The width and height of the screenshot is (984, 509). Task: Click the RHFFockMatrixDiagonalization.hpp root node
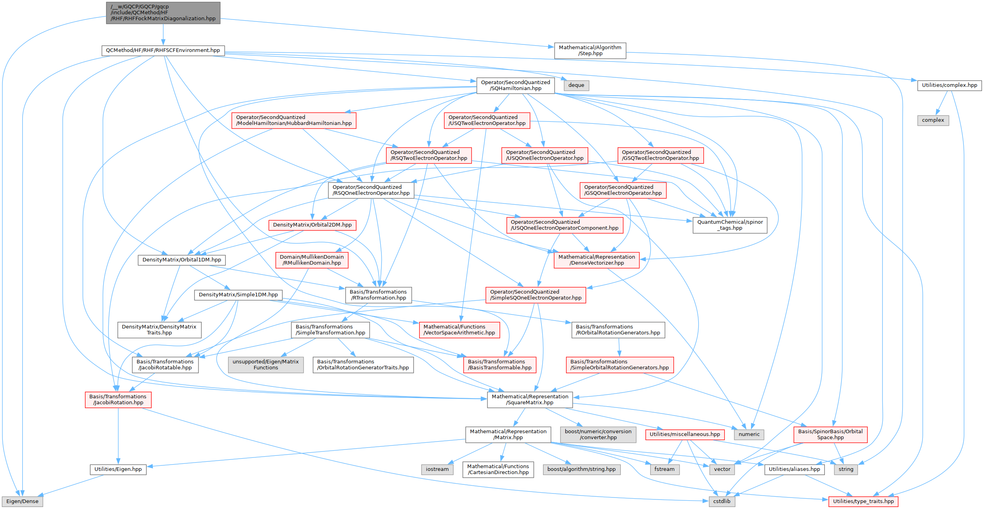coord(163,13)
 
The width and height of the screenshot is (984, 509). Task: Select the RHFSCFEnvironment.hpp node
coord(163,50)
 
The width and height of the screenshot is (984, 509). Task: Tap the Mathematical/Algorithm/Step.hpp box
coord(590,50)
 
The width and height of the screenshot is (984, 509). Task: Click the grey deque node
coord(576,85)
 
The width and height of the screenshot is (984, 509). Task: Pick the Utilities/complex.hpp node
coord(949,85)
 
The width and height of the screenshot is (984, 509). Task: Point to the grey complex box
coord(933,120)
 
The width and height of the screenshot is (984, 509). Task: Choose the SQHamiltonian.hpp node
coord(515,85)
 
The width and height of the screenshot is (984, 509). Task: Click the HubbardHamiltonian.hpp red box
coord(294,120)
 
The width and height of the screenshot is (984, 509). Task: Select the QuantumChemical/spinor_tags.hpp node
coord(730,225)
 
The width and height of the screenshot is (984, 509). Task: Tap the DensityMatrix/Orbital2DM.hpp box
coord(312,225)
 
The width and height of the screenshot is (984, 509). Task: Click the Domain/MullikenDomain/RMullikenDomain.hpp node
coord(312,260)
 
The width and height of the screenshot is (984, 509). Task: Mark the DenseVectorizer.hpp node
coord(596,260)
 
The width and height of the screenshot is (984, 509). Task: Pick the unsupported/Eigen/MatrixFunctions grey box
coord(266,365)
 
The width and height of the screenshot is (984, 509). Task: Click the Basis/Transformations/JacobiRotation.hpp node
coord(118,400)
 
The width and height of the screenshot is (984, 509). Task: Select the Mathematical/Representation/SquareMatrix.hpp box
coord(530,400)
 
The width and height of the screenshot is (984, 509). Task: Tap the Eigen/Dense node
coord(22,501)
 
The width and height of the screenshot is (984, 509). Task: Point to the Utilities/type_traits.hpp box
coord(863,501)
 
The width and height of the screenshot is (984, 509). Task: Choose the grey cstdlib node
coord(721,501)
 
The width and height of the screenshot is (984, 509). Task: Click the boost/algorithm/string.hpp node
coord(581,469)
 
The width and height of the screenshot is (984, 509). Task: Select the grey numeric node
coord(749,434)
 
